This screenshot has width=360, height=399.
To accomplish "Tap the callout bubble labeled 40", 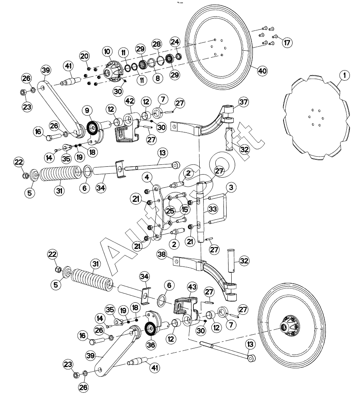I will coord(262,71).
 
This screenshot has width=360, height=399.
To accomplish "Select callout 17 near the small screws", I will coord(287,42).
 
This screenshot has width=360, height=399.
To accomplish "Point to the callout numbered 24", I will coord(175,42).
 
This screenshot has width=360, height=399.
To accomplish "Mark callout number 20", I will coord(85,56).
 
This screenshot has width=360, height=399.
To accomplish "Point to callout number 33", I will coord(212,209).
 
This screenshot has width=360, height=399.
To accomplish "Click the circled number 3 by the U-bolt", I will coord(231,188).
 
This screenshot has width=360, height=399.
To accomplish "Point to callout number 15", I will coord(184,209).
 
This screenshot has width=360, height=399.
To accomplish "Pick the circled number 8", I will coord(157,78).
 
